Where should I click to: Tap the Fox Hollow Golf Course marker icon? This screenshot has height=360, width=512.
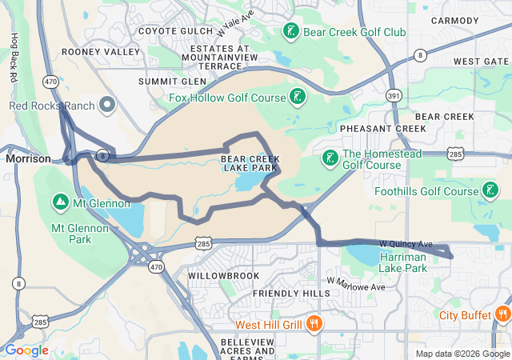point(298,98)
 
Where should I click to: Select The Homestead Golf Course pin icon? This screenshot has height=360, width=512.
point(330,158)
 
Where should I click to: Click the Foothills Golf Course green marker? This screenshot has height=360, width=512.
point(490,191)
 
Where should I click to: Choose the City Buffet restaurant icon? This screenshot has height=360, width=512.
point(503,314)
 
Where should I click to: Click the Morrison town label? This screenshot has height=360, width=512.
point(28,158)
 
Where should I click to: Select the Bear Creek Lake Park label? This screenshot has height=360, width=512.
point(250,164)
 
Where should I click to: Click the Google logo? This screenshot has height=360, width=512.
point(26,350)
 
